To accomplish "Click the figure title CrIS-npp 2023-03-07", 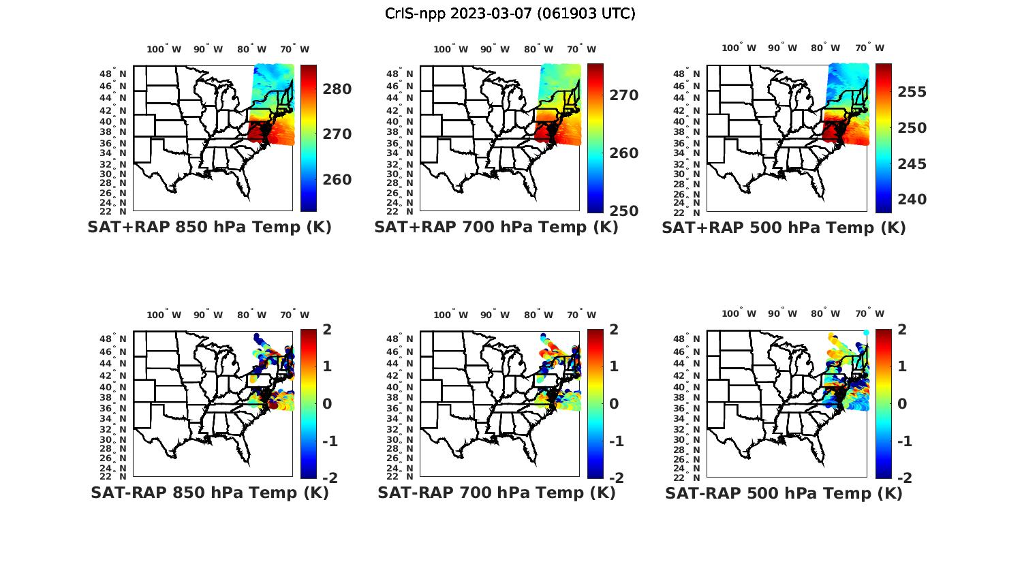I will [x=510, y=14].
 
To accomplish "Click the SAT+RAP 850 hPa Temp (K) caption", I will [x=209, y=228].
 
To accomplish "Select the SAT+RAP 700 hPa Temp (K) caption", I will [x=496, y=228].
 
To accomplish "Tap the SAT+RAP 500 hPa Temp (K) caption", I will [x=784, y=228].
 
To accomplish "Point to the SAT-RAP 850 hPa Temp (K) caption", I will [x=209, y=493].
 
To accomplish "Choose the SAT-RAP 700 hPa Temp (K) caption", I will [x=496, y=493].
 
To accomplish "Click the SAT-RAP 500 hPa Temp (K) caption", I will [x=784, y=493].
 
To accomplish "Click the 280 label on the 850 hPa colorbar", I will [x=337, y=89].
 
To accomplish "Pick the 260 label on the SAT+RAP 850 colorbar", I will [x=337, y=180].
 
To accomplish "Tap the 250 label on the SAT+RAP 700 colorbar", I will [x=624, y=211].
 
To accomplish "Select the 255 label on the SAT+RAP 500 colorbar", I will [x=912, y=92].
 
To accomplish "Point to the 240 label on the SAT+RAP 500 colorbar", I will [x=912, y=200].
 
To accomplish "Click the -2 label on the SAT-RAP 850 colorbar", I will [x=330, y=478].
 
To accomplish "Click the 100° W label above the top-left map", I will [x=164, y=49].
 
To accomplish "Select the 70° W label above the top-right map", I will [x=869, y=48].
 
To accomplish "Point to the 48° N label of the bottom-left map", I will [x=114, y=339].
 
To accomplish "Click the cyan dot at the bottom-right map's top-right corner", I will [x=866, y=332].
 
